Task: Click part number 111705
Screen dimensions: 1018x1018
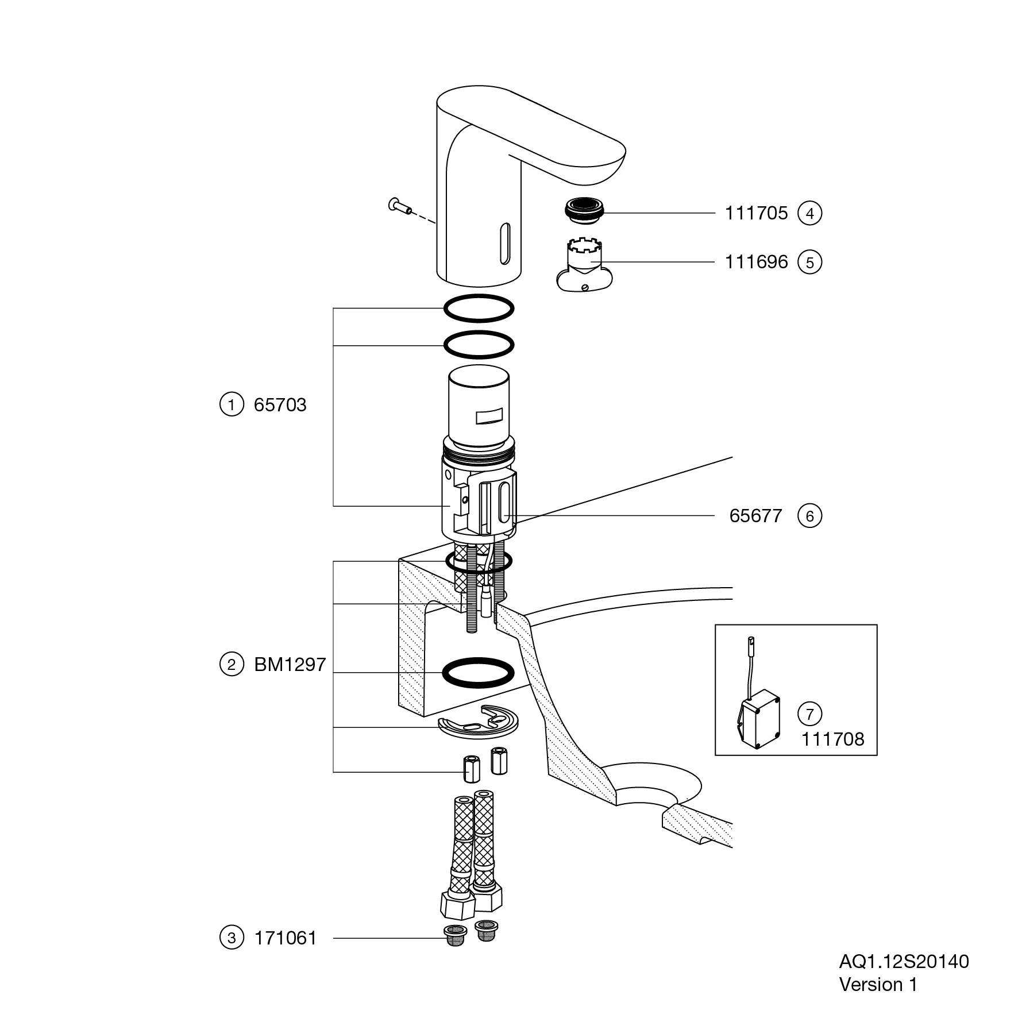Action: pyautogui.click(x=756, y=213)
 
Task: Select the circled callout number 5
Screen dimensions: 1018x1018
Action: pyautogui.click(x=810, y=263)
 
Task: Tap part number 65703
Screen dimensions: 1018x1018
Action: pyautogui.click(x=280, y=405)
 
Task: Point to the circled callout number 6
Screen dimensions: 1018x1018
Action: pyautogui.click(x=810, y=516)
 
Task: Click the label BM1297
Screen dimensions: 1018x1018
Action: pyautogui.click(x=290, y=665)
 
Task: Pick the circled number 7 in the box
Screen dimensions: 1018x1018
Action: pyautogui.click(x=810, y=714)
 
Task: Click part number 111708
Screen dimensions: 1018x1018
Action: pyautogui.click(x=833, y=739)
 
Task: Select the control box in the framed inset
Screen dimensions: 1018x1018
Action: pyautogui.click(x=758, y=722)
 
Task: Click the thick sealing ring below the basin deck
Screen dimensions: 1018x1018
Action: pyautogui.click(x=478, y=672)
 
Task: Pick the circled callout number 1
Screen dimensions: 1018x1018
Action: pyautogui.click(x=232, y=405)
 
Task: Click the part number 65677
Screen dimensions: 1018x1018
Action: pyautogui.click(x=755, y=516)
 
